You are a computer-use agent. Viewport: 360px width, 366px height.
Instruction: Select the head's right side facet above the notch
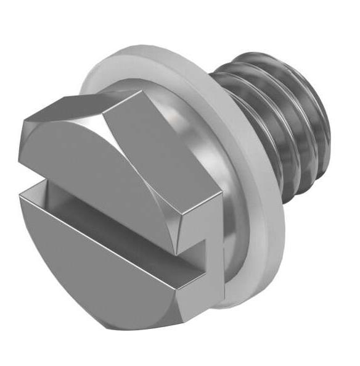[203, 210]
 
